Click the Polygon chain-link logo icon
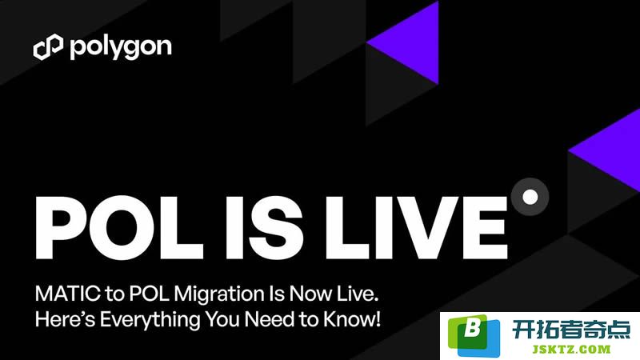pos(48,47)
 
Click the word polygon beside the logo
pos(121,48)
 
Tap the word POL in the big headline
pos(119,227)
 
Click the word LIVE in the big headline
pos(416,227)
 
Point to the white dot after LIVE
pos(530,197)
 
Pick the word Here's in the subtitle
pos(66,319)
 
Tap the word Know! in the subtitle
pos(352,319)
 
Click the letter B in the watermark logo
pos(473,327)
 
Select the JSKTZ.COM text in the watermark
pos(571,349)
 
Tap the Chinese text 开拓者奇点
pos(571,330)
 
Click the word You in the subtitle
pos(222,319)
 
